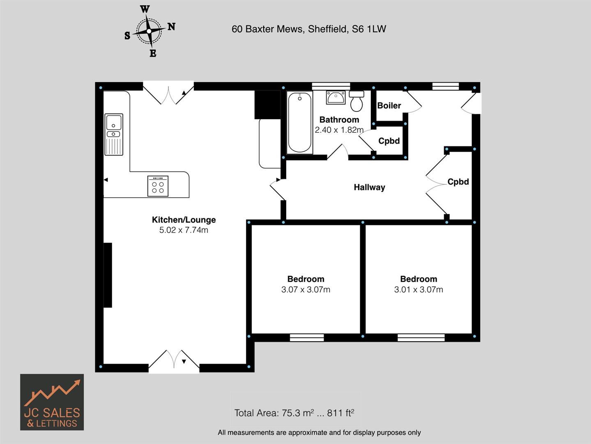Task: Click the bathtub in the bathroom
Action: [299, 123]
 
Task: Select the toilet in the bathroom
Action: [356, 101]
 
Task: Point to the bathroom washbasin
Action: [336, 98]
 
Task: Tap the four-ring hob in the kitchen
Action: [158, 186]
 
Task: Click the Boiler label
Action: [389, 106]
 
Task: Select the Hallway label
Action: [369, 187]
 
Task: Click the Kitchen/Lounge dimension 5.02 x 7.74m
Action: [184, 230]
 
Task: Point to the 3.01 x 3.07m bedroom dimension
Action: [419, 289]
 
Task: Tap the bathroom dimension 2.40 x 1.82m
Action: [339, 130]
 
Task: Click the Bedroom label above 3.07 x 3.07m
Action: [306, 279]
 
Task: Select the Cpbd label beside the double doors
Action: [458, 182]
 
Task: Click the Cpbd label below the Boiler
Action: [389, 141]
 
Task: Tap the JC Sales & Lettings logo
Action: [52, 402]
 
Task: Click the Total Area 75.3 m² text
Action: [294, 413]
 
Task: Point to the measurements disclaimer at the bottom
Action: [319, 432]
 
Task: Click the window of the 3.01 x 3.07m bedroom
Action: [421, 338]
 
